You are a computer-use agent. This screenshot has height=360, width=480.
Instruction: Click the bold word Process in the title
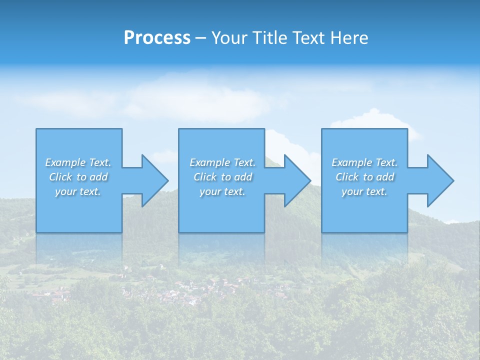[x=157, y=38]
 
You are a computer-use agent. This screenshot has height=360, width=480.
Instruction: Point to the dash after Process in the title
[x=201, y=38]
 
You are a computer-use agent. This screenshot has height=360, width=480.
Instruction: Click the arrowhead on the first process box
[x=153, y=180]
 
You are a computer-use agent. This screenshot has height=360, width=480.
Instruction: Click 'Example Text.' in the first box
[x=78, y=162]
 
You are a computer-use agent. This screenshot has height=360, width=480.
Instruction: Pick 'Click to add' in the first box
[x=78, y=177]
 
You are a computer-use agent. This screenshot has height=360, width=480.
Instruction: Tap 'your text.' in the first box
[x=78, y=191]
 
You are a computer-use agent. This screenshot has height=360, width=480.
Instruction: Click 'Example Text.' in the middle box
[x=222, y=162]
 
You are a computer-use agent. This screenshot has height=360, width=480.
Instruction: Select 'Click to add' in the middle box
[x=222, y=177]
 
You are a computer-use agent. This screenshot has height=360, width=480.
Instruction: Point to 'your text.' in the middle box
[x=222, y=191]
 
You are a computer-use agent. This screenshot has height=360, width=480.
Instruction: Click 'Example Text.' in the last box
[x=364, y=162]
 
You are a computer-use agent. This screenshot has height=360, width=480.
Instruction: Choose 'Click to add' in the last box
[x=364, y=177]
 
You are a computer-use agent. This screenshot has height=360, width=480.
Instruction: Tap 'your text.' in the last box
[x=364, y=191]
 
